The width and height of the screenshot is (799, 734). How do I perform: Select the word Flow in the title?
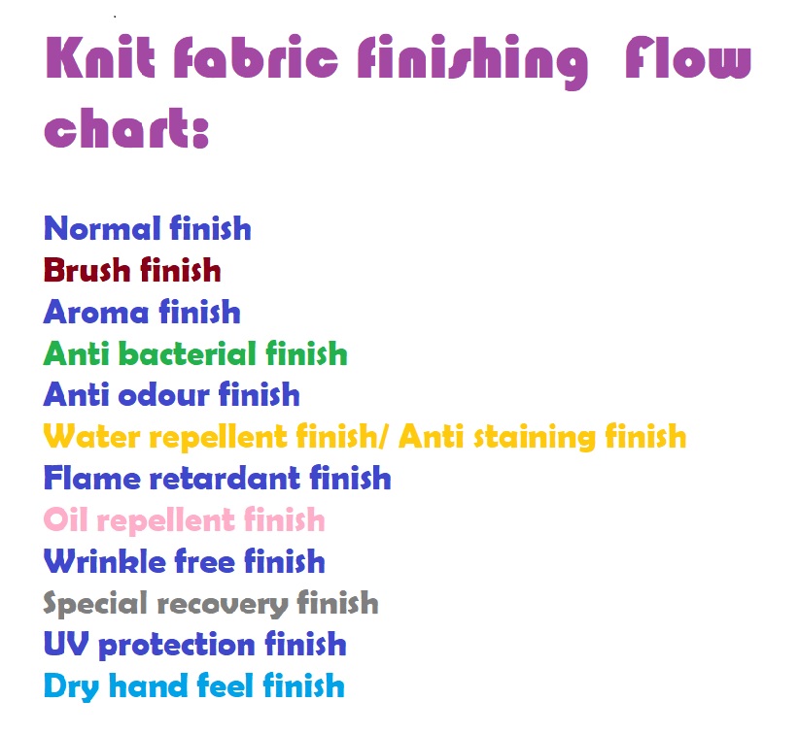[x=688, y=58]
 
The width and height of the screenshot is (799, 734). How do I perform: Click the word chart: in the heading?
[x=127, y=127]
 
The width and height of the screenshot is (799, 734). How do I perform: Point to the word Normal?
[x=102, y=228]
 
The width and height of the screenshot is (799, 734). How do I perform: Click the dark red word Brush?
[x=87, y=270]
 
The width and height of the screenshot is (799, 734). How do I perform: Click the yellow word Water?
[x=91, y=437]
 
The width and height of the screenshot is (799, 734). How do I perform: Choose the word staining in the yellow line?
[x=535, y=438]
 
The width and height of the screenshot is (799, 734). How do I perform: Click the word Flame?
[x=91, y=479]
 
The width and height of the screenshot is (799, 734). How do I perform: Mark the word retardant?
[x=225, y=479]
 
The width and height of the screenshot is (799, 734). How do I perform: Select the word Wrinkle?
[x=105, y=562]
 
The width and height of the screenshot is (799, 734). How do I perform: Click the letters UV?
[x=66, y=645]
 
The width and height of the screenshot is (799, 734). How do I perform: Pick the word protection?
[x=176, y=646]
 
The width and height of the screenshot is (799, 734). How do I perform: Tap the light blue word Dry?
[x=71, y=687]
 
